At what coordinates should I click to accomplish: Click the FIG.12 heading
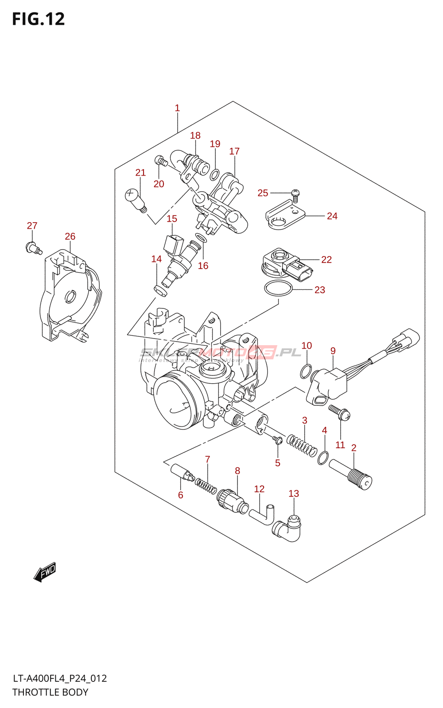(39, 19)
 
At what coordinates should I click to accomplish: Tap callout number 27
(32, 226)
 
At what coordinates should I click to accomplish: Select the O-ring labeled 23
(278, 289)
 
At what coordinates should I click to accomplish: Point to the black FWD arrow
(45, 572)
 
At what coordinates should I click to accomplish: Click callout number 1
(177, 108)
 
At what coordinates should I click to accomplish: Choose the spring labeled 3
(302, 445)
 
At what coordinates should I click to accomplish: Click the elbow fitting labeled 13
(288, 529)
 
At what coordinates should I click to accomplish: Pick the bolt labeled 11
(340, 412)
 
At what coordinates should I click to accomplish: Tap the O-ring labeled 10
(305, 372)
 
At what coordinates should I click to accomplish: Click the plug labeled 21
(135, 199)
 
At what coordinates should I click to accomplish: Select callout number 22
(326, 260)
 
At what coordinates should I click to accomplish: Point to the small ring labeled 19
(214, 175)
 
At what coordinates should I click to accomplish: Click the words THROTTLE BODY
(50, 692)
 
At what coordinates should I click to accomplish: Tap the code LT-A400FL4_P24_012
(60, 678)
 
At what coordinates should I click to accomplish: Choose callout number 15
(172, 219)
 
